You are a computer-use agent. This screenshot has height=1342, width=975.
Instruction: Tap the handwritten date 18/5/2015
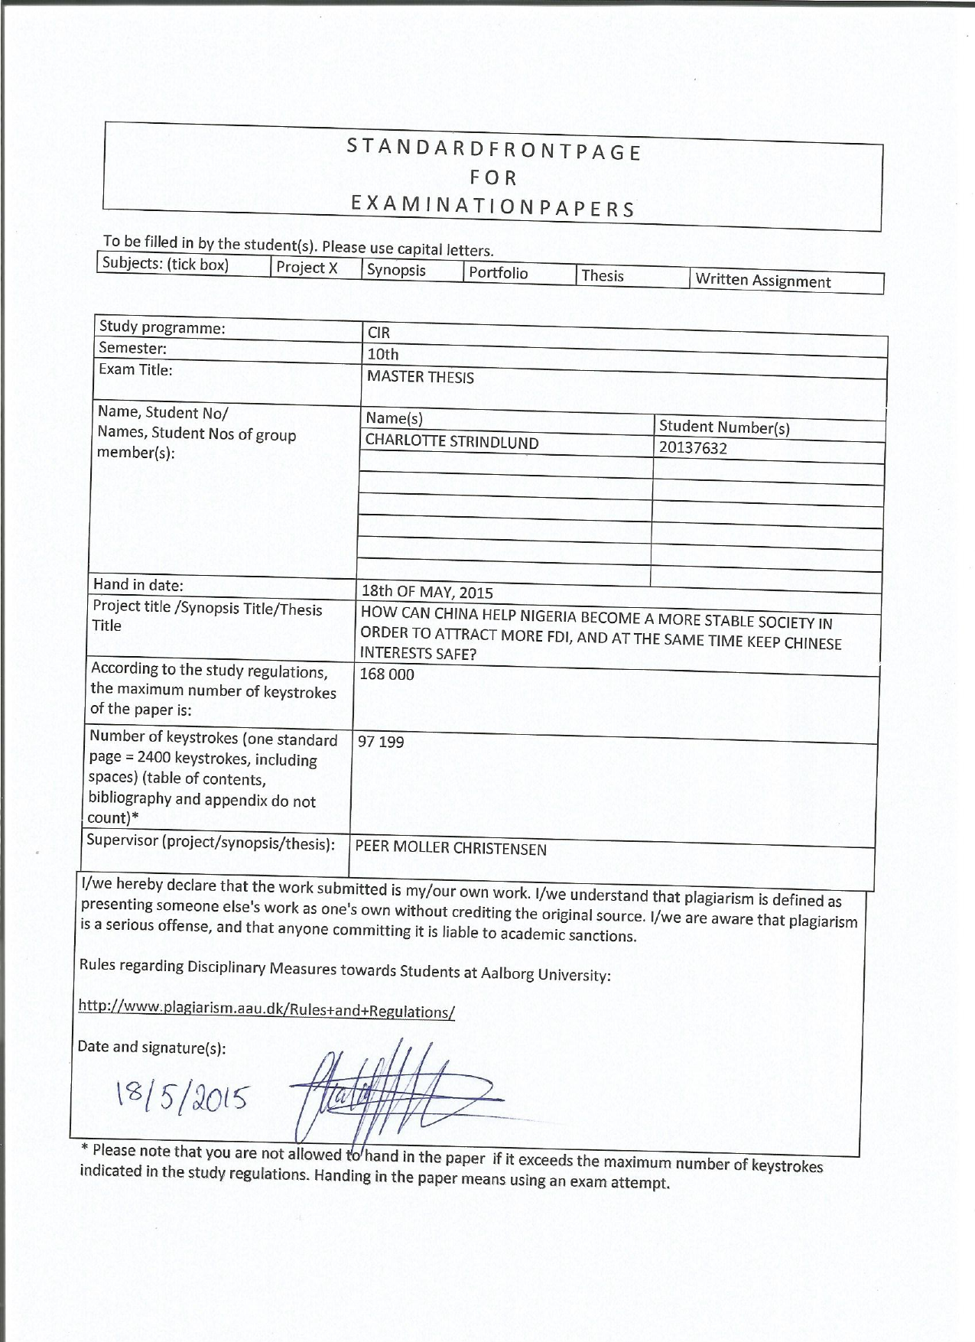point(181,1096)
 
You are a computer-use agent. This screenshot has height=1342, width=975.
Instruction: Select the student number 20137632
point(693,448)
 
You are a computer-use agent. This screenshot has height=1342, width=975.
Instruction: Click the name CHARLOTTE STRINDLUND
point(452,441)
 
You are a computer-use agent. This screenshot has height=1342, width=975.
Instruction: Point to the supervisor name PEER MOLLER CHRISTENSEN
point(451,847)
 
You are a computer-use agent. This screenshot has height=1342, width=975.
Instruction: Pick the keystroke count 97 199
point(381,741)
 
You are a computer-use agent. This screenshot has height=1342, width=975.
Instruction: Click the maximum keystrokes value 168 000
point(387,674)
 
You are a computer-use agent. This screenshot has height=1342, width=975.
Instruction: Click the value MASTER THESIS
point(421,377)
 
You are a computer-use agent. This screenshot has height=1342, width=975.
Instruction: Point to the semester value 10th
point(383,354)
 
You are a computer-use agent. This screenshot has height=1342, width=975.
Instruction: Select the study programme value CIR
point(379,333)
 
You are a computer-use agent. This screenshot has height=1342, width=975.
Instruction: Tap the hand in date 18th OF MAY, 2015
point(427,591)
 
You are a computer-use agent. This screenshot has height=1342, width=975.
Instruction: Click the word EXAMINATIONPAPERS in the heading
point(493,206)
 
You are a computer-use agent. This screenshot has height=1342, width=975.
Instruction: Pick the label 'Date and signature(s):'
point(151,1047)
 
